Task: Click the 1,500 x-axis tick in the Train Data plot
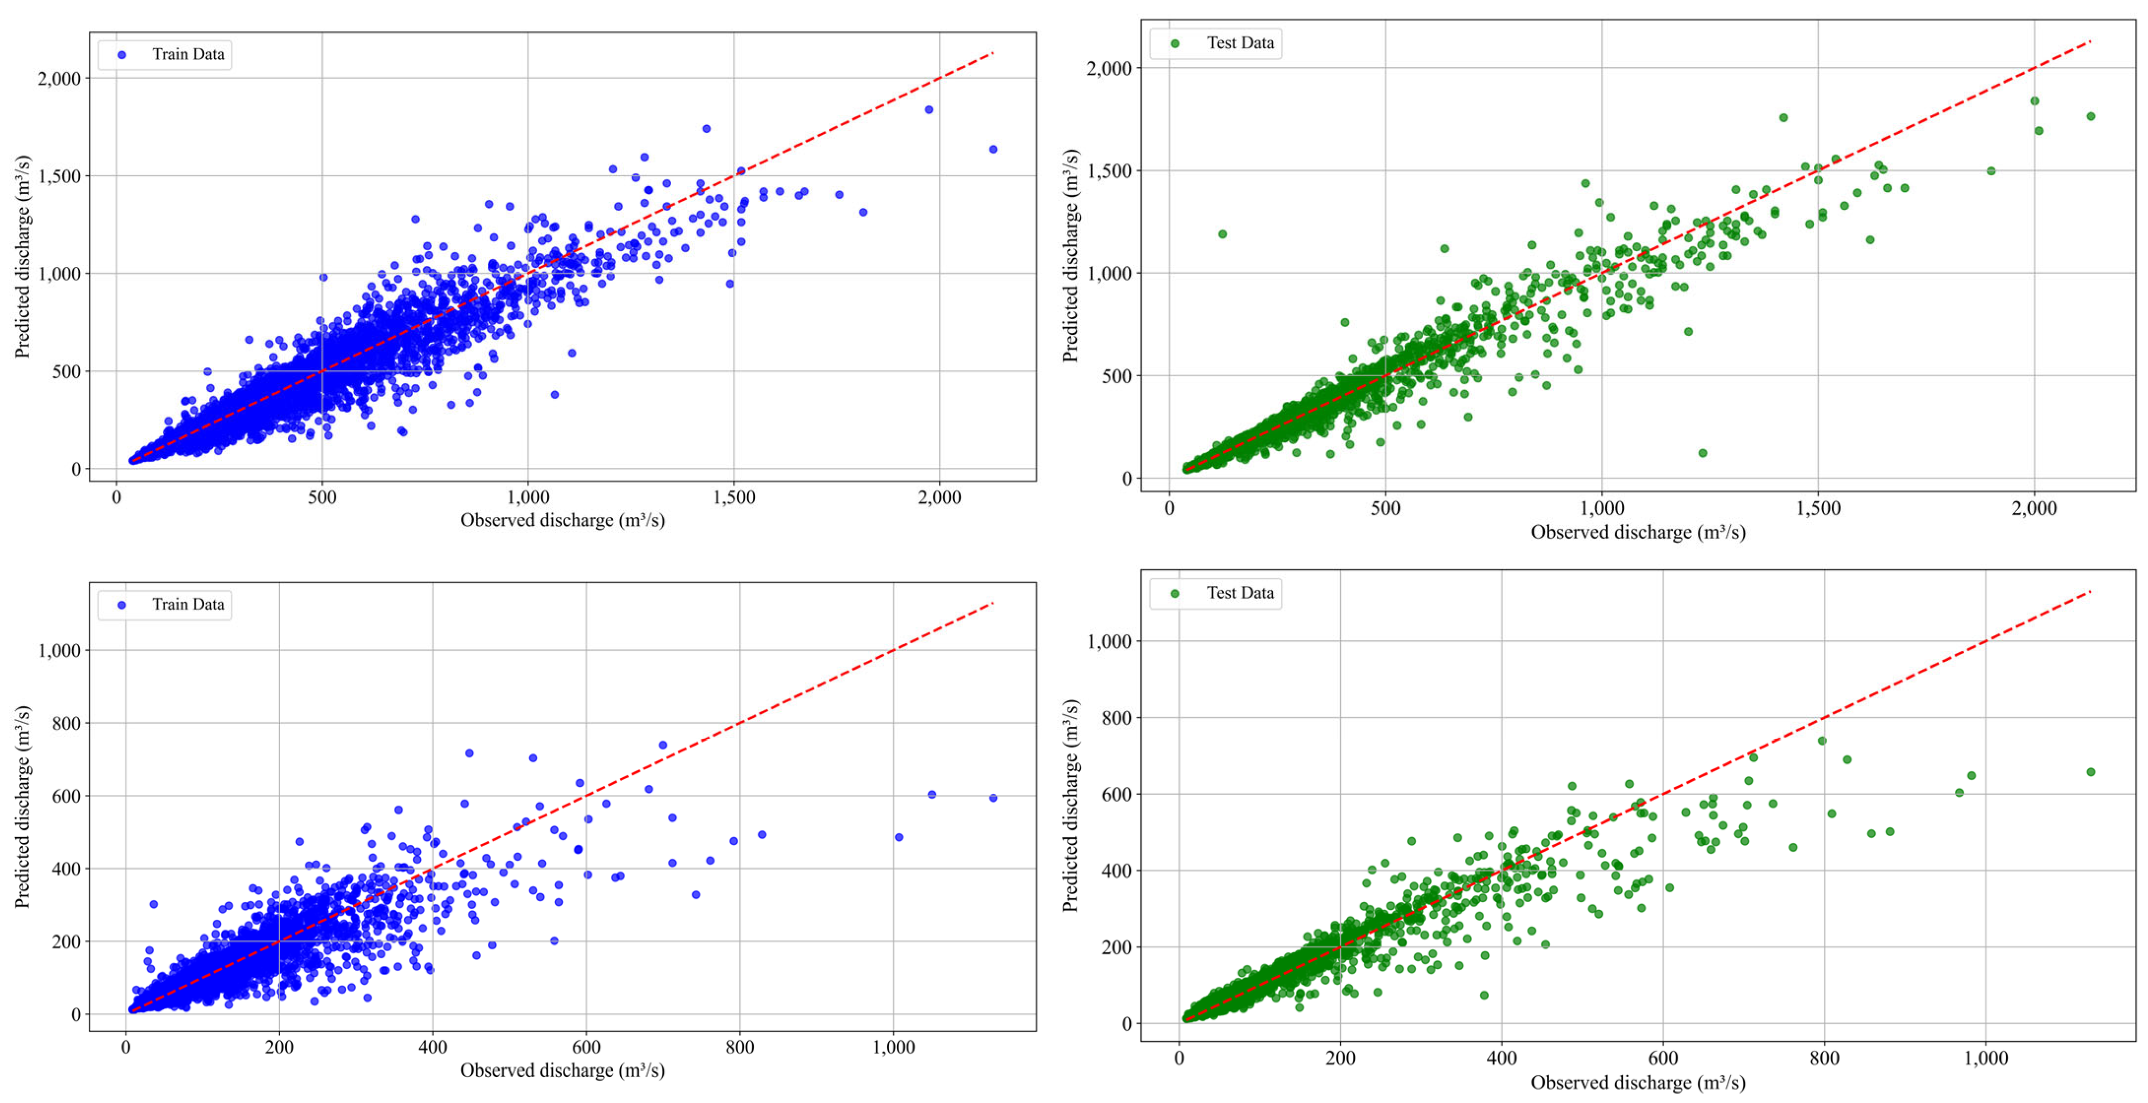(x=734, y=498)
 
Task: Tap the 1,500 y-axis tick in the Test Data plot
(x=1108, y=171)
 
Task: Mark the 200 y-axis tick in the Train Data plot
(x=66, y=941)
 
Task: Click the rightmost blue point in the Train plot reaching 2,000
(x=992, y=149)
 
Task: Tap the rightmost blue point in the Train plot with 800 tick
(x=992, y=798)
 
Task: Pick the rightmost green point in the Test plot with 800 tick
(x=2090, y=772)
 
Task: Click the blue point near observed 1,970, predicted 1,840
(x=928, y=109)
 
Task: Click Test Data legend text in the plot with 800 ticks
(x=1240, y=593)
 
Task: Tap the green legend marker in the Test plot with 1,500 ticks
(x=1175, y=43)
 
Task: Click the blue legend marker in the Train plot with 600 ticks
(x=122, y=604)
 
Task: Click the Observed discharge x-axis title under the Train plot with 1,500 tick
(x=562, y=520)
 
